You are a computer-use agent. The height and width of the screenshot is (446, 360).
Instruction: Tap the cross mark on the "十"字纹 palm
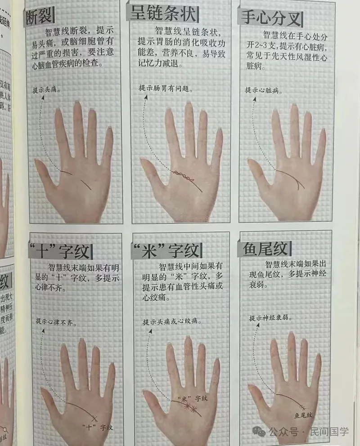coord(94,419)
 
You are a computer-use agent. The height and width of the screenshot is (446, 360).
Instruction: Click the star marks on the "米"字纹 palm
coord(190,407)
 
